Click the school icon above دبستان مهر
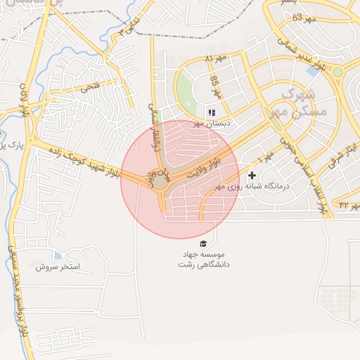point(211,112)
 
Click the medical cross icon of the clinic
point(252,174)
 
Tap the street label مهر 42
point(345,205)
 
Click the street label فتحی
point(91,87)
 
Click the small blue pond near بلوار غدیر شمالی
point(311,71)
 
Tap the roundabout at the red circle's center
point(160,181)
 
